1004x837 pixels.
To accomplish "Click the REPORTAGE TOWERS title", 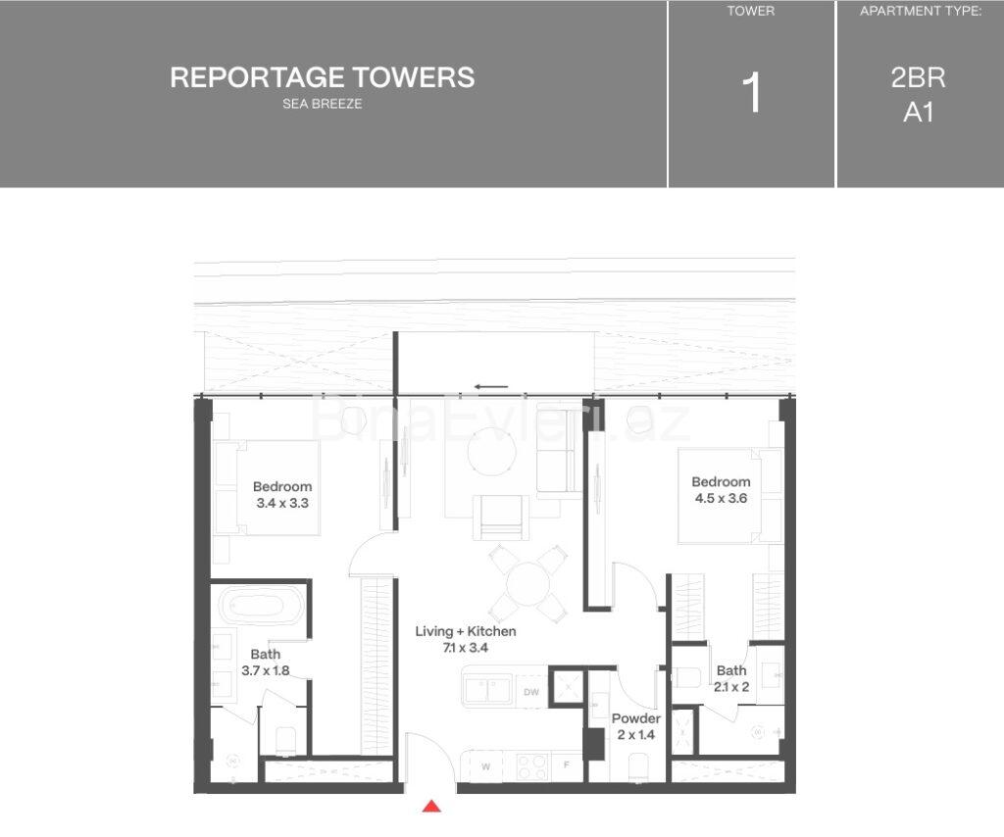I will click(x=322, y=77).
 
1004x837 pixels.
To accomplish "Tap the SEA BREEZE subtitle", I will click(x=322, y=104).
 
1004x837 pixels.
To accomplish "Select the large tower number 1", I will click(x=752, y=94).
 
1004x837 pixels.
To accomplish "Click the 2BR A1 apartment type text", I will click(x=919, y=95).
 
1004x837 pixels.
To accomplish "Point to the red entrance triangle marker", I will click(x=430, y=807).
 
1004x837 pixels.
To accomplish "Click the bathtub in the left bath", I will click(x=260, y=607).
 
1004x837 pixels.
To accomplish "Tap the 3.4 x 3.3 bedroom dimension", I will click(x=282, y=504).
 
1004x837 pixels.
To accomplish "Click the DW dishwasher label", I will click(x=530, y=692).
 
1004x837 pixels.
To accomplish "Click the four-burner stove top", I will click(x=530, y=763).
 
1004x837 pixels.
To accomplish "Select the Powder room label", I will click(x=636, y=718).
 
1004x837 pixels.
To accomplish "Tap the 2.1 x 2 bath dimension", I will click(x=731, y=687).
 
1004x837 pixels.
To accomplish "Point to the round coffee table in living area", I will click(x=488, y=454).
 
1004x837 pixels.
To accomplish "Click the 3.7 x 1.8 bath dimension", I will click(x=265, y=671).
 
